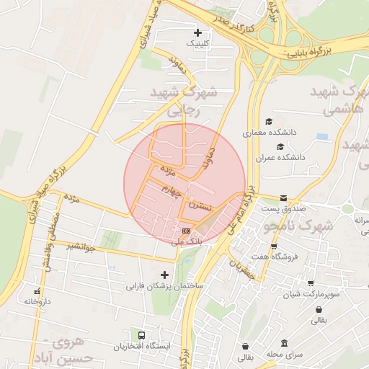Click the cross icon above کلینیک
(x=198, y=33)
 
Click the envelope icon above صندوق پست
(x=283, y=198)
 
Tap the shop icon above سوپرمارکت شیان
(x=311, y=284)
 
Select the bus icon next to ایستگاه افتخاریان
(x=141, y=335)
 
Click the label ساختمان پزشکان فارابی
(x=165, y=286)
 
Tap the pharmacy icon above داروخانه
(x=37, y=291)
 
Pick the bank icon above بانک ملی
(x=187, y=230)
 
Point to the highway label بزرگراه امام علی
(x=242, y=209)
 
